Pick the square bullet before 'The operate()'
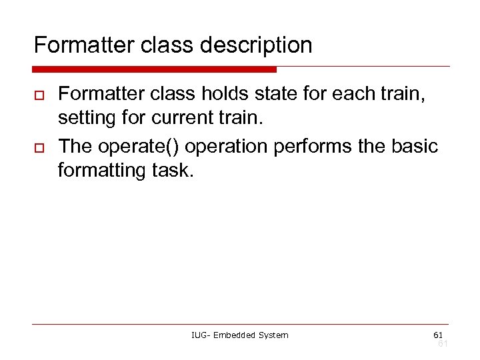(x=39, y=148)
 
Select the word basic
(x=413, y=146)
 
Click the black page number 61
(x=437, y=334)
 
